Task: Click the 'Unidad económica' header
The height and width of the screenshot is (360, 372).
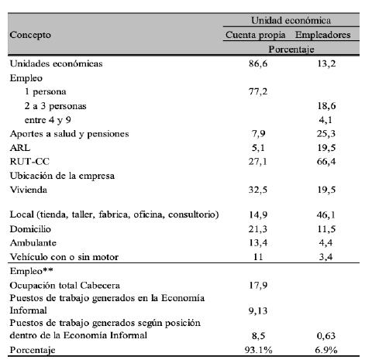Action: point(291,21)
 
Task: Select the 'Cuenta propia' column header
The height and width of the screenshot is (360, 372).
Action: point(257,35)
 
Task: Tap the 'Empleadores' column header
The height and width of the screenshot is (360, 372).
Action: point(325,35)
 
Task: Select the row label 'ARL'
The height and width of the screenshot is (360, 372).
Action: point(19,146)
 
